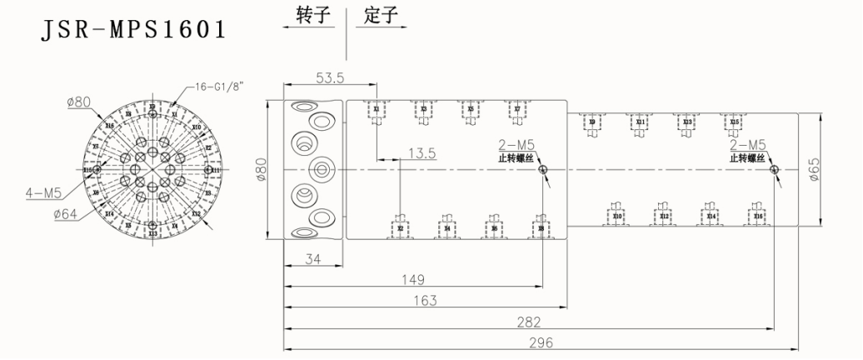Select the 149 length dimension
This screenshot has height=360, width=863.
point(413,279)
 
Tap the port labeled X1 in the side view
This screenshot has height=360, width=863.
point(377,109)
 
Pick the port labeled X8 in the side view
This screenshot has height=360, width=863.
point(541,227)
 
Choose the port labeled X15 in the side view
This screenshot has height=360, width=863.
point(734,122)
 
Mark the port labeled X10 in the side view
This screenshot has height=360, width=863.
point(617,216)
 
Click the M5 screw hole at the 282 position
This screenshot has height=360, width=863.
point(775,170)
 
